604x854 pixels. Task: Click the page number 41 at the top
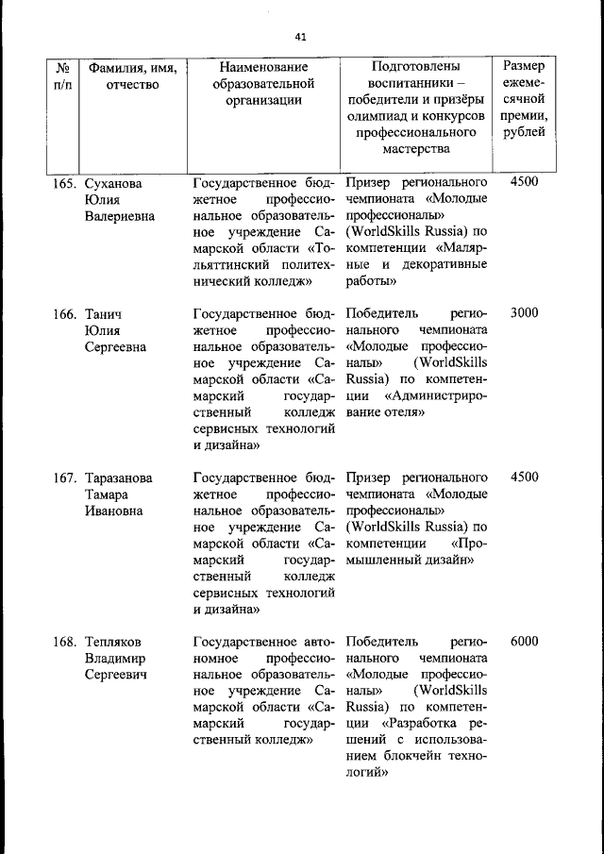tap(301, 37)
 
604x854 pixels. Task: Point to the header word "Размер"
tap(523, 67)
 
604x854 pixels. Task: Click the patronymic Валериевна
tap(120, 215)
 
